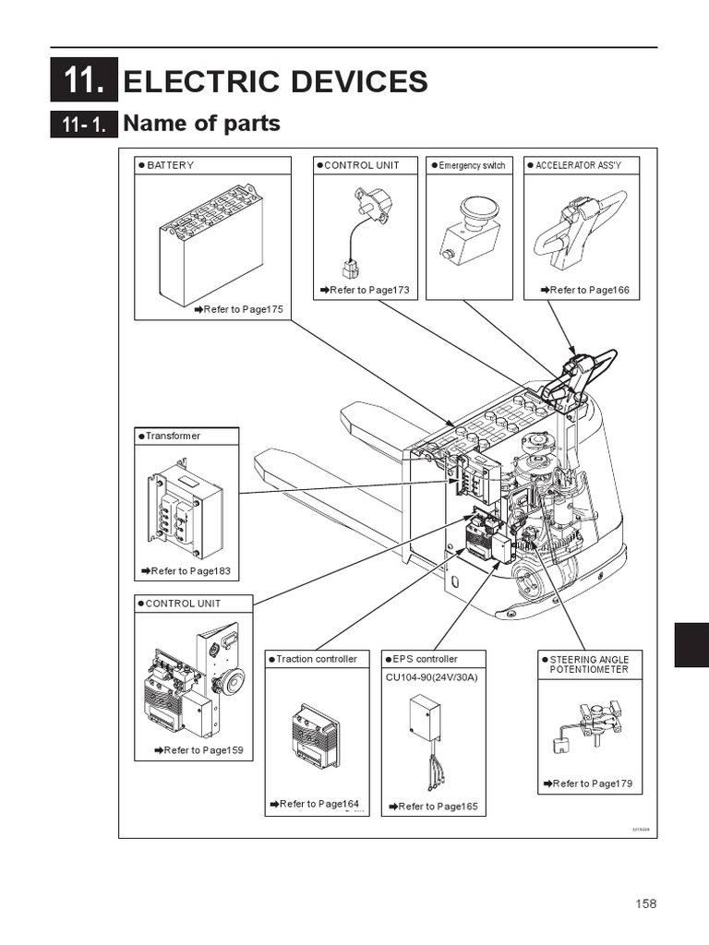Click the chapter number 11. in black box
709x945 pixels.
[x=84, y=81]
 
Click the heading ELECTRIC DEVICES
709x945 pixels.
[x=275, y=81]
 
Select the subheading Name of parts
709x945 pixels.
[x=201, y=123]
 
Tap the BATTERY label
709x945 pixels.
[x=170, y=165]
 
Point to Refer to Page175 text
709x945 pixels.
[x=239, y=309]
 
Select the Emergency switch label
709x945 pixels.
[x=472, y=165]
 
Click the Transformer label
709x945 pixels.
[x=173, y=436]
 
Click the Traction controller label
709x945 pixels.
[x=316, y=659]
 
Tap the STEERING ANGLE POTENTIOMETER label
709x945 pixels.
[x=589, y=664]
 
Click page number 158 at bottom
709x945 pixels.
[x=645, y=903]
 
